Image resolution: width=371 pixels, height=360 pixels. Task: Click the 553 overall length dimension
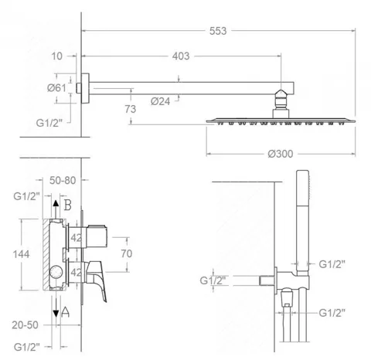tap(218, 31)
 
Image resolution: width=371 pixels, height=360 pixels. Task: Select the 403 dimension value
tap(181, 56)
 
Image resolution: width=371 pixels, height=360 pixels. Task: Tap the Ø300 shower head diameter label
tap(281, 154)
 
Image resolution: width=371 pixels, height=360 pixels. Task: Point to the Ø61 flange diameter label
tap(56, 88)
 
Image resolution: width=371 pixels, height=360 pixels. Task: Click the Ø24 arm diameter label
tap(160, 101)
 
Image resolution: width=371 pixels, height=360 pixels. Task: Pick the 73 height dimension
tap(131, 109)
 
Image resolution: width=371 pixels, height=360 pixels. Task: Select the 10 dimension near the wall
tap(57, 56)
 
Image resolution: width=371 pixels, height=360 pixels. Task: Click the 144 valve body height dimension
tap(21, 254)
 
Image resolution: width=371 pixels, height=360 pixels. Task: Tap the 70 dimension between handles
tap(127, 253)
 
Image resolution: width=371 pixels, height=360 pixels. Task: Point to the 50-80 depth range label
tap(63, 180)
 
